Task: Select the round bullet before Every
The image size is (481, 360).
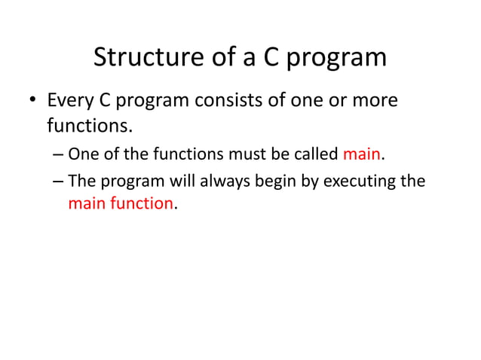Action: (32, 101)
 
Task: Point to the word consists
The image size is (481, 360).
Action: (228, 99)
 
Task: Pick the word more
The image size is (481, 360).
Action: (374, 99)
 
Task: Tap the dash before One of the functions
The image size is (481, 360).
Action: (59, 156)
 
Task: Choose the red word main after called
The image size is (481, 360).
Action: (362, 155)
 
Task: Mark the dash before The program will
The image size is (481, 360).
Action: (59, 182)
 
